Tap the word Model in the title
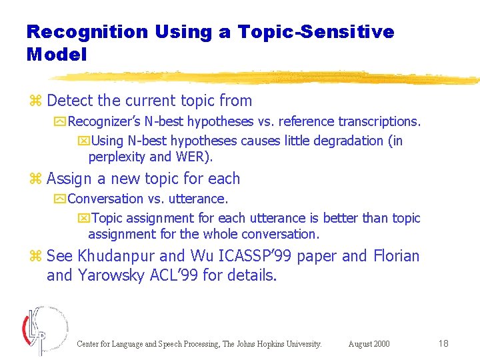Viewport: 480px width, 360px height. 57,55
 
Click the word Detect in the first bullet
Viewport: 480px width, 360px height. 70,101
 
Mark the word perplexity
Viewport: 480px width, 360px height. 117,157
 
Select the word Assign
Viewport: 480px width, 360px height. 69,179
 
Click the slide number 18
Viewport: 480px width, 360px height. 443,343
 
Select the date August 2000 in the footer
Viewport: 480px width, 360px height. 369,344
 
